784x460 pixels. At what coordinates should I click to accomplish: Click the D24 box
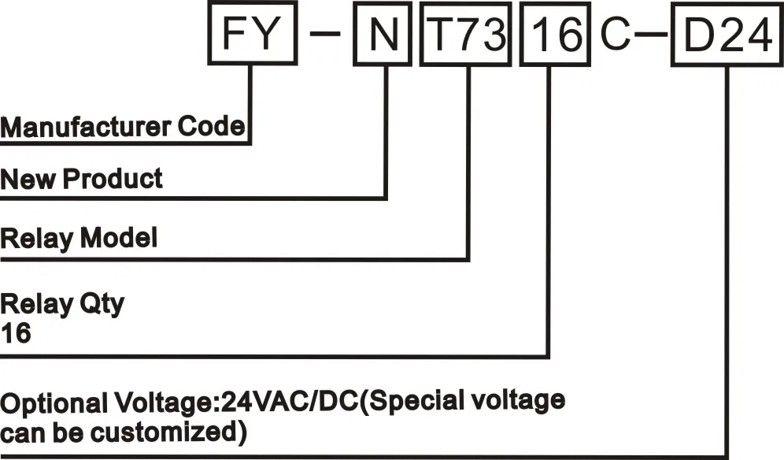(x=727, y=36)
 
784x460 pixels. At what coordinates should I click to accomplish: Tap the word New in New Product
(x=28, y=179)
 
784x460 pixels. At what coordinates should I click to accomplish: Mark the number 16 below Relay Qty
(x=16, y=334)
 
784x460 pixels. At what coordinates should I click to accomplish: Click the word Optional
(x=52, y=402)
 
